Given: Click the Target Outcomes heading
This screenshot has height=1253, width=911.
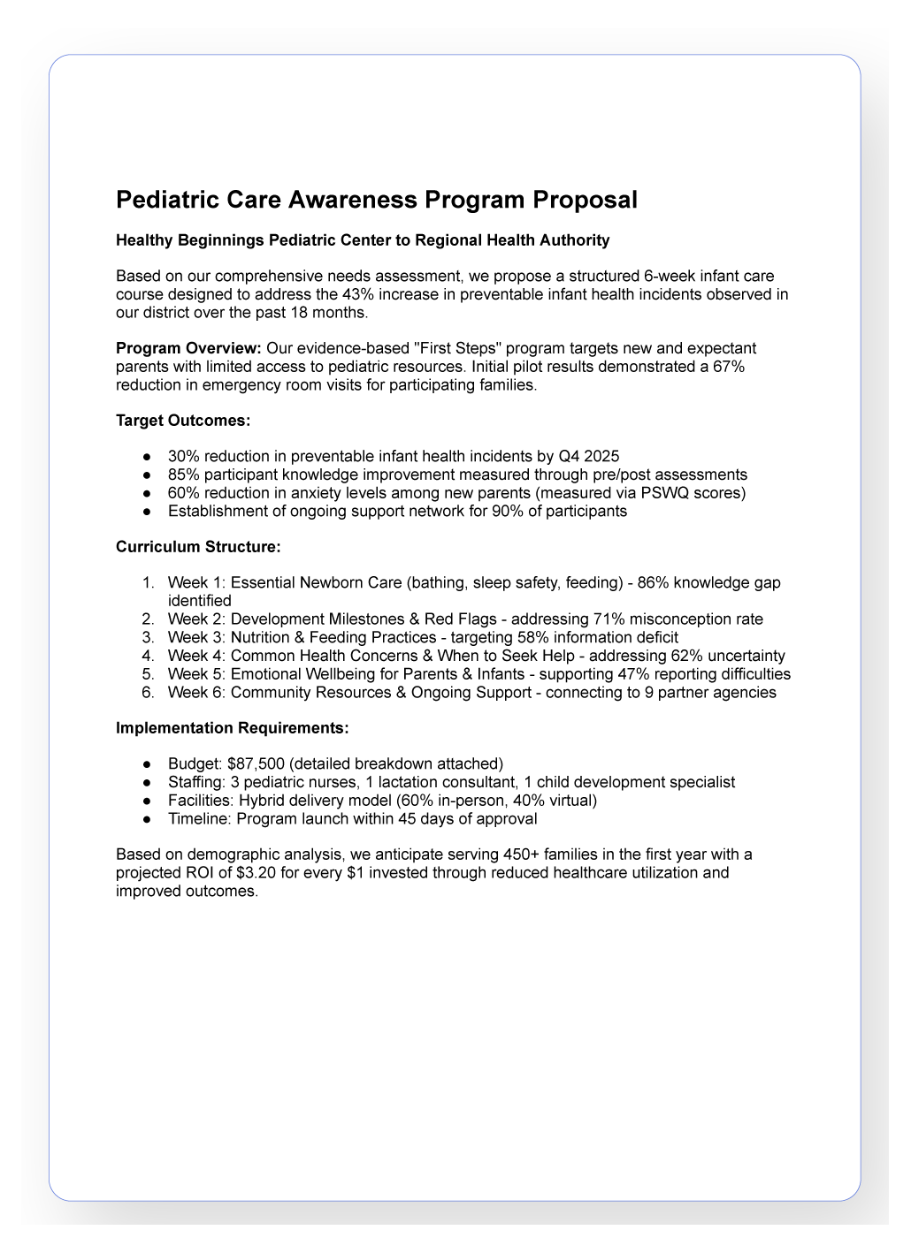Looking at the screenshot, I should [x=183, y=421].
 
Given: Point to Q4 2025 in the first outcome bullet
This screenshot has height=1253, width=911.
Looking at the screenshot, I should [x=589, y=457].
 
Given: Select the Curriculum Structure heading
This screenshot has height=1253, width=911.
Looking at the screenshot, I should [x=198, y=547].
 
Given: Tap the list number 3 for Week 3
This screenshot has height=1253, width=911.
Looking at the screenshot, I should [x=148, y=638].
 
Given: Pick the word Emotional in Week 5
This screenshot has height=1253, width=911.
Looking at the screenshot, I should [x=266, y=674].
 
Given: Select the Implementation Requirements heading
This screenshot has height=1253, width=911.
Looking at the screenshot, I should [x=233, y=728].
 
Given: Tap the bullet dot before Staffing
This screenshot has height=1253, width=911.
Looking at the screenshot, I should [x=148, y=783].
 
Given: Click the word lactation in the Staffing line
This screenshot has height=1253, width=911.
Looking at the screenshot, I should [x=410, y=783].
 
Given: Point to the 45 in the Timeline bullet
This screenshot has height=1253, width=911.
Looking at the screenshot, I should [x=407, y=819].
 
